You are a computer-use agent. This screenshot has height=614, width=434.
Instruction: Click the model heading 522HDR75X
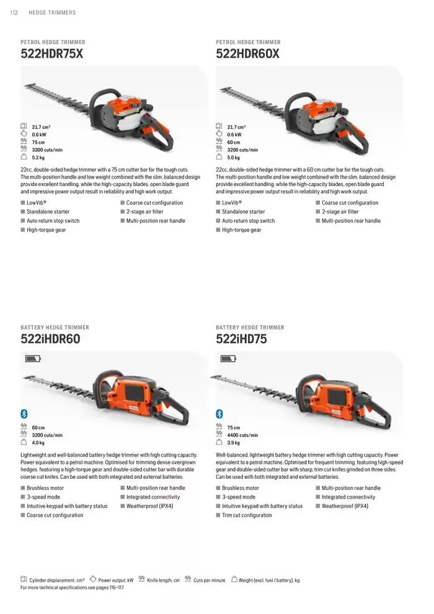[51, 54]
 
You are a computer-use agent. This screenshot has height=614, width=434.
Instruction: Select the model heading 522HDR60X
[247, 54]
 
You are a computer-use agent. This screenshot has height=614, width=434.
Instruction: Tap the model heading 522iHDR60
[50, 339]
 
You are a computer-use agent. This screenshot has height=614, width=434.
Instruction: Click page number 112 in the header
[14, 12]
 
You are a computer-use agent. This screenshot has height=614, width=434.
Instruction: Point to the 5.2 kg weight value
[39, 158]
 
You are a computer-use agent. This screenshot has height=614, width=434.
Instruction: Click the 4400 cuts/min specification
[242, 435]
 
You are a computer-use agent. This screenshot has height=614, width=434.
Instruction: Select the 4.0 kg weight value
[38, 443]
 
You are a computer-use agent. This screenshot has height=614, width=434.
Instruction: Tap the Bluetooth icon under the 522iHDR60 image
[24, 414]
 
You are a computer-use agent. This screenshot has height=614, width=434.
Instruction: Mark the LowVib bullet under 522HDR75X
[37, 203]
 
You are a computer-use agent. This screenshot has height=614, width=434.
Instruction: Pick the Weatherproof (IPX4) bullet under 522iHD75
[345, 506]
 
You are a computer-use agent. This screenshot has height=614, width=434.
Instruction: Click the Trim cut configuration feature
[247, 515]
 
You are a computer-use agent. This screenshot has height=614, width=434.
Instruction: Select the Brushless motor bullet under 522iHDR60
[45, 488]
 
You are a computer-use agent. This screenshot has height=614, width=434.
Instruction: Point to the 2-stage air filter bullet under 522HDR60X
[340, 212]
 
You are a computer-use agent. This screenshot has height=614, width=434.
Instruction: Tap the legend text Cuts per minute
[210, 581]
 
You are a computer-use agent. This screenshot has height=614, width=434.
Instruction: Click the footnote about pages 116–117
[73, 587]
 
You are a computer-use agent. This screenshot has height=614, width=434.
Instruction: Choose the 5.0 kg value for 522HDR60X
[234, 158]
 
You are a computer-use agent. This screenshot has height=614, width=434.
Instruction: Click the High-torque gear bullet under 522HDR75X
[46, 230]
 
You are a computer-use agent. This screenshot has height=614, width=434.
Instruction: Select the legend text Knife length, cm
[163, 581]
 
